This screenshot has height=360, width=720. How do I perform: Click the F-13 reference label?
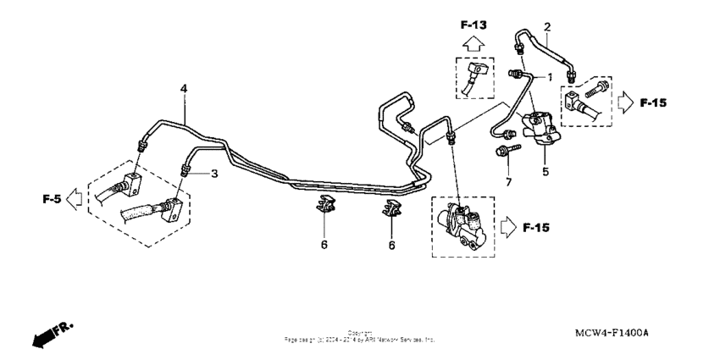(x=474, y=25)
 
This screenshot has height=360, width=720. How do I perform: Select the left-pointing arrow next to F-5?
(x=74, y=200)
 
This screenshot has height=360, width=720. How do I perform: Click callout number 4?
(x=183, y=89)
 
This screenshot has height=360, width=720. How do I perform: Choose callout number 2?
(x=547, y=27)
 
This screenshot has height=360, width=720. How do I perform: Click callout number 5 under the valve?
(x=546, y=170)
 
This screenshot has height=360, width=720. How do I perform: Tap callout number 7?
(x=508, y=182)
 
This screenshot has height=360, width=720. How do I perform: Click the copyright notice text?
(x=360, y=335)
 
